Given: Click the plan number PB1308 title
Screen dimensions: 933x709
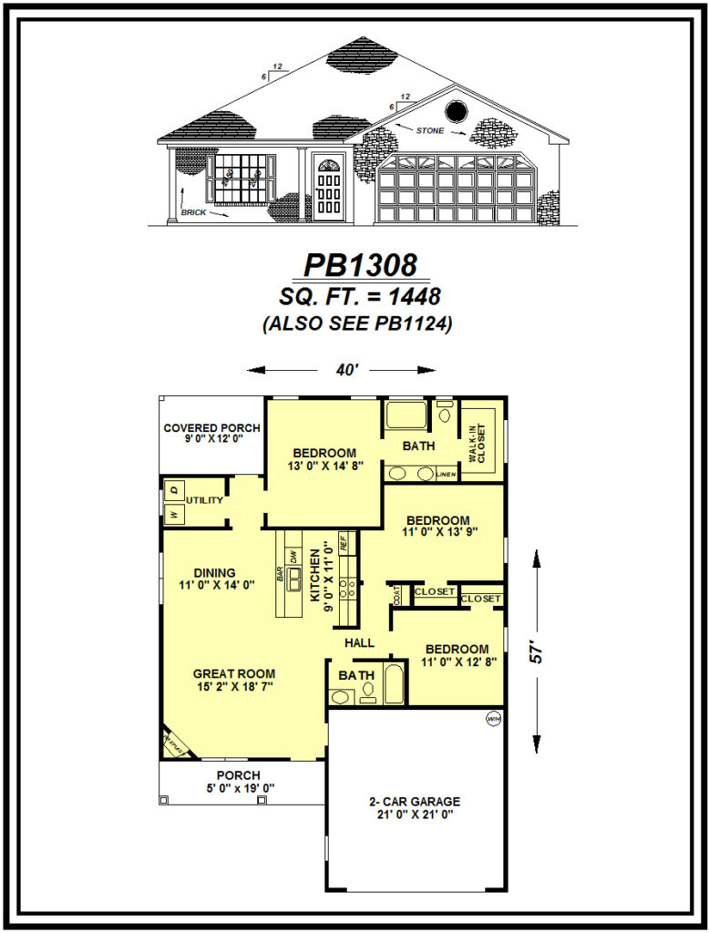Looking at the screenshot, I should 360,265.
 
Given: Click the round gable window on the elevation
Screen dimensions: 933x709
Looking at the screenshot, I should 456,112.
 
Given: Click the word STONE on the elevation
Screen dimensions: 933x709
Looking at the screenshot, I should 430,130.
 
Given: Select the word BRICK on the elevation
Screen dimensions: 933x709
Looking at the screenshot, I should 193,211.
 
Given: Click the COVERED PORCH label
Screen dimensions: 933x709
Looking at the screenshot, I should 211,428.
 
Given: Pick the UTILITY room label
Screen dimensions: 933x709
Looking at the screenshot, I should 204,500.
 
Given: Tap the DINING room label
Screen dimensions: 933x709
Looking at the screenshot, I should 214,573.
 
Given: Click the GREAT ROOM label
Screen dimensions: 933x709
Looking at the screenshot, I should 233,674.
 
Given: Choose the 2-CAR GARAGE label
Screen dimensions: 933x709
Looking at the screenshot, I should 415,802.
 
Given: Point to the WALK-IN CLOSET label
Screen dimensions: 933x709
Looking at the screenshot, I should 478,444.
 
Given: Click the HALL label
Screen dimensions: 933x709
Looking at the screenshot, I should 360,642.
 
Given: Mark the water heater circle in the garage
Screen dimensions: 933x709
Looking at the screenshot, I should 493,720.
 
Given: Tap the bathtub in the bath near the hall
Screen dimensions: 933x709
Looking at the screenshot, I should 394,685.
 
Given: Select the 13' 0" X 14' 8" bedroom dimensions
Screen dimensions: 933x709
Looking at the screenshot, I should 324,467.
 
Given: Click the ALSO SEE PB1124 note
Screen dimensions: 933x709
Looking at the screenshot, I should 357,323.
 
